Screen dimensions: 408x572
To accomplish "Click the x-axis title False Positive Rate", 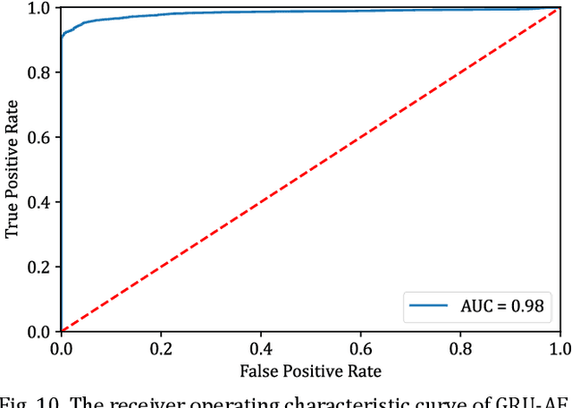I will point(310,370).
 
